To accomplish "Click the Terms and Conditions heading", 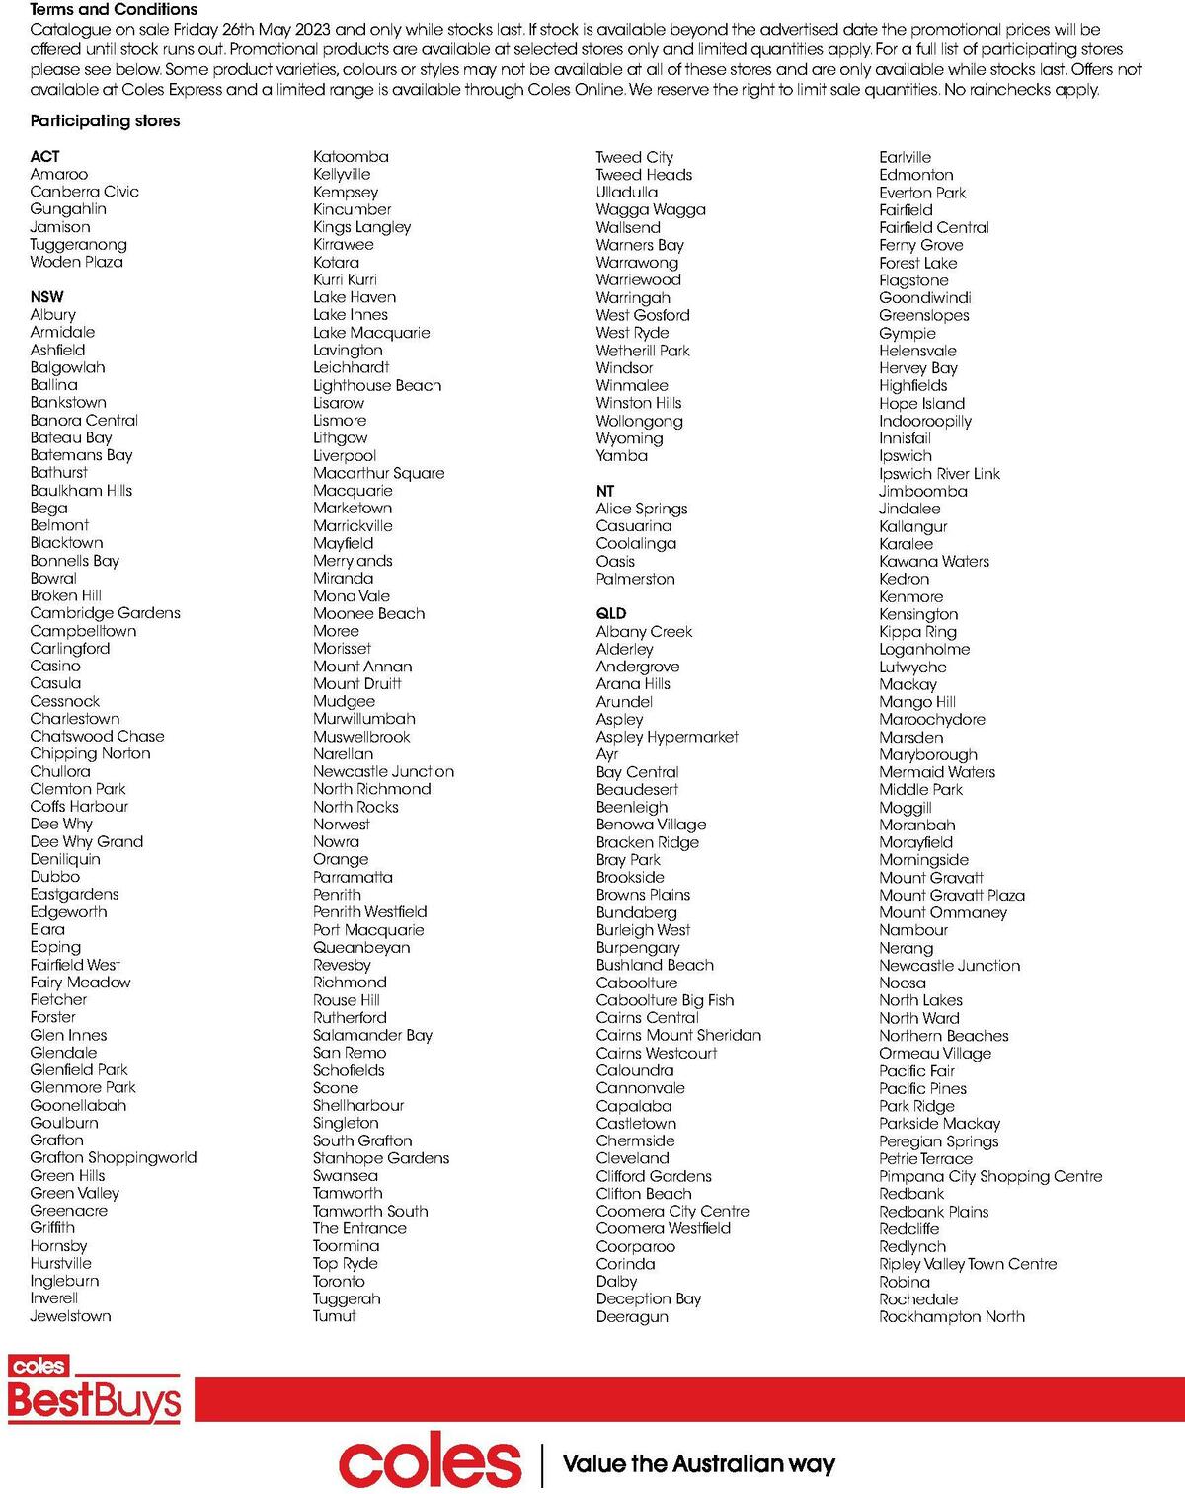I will point(114,9).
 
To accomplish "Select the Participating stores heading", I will point(105,121).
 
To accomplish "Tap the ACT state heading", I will point(44,156).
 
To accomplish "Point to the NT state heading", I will point(605,491).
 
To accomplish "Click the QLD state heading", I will point(611,613).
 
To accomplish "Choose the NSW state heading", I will point(46,296).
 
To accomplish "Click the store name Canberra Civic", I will point(84,192).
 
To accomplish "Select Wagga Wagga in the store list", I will point(651,209).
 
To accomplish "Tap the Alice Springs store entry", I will point(642,509).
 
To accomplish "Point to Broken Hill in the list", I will point(65,595).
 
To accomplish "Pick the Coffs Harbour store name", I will point(79,806).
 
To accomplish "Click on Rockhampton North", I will point(952,1316).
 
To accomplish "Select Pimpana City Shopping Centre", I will point(990,1176).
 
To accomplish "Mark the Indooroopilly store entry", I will point(925,421).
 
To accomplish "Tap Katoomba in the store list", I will point(351,156).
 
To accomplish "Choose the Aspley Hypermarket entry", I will point(667,737).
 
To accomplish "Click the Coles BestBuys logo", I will point(94,1389).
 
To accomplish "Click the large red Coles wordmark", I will point(430,1463).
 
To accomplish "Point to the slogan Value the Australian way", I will point(698,1463).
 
